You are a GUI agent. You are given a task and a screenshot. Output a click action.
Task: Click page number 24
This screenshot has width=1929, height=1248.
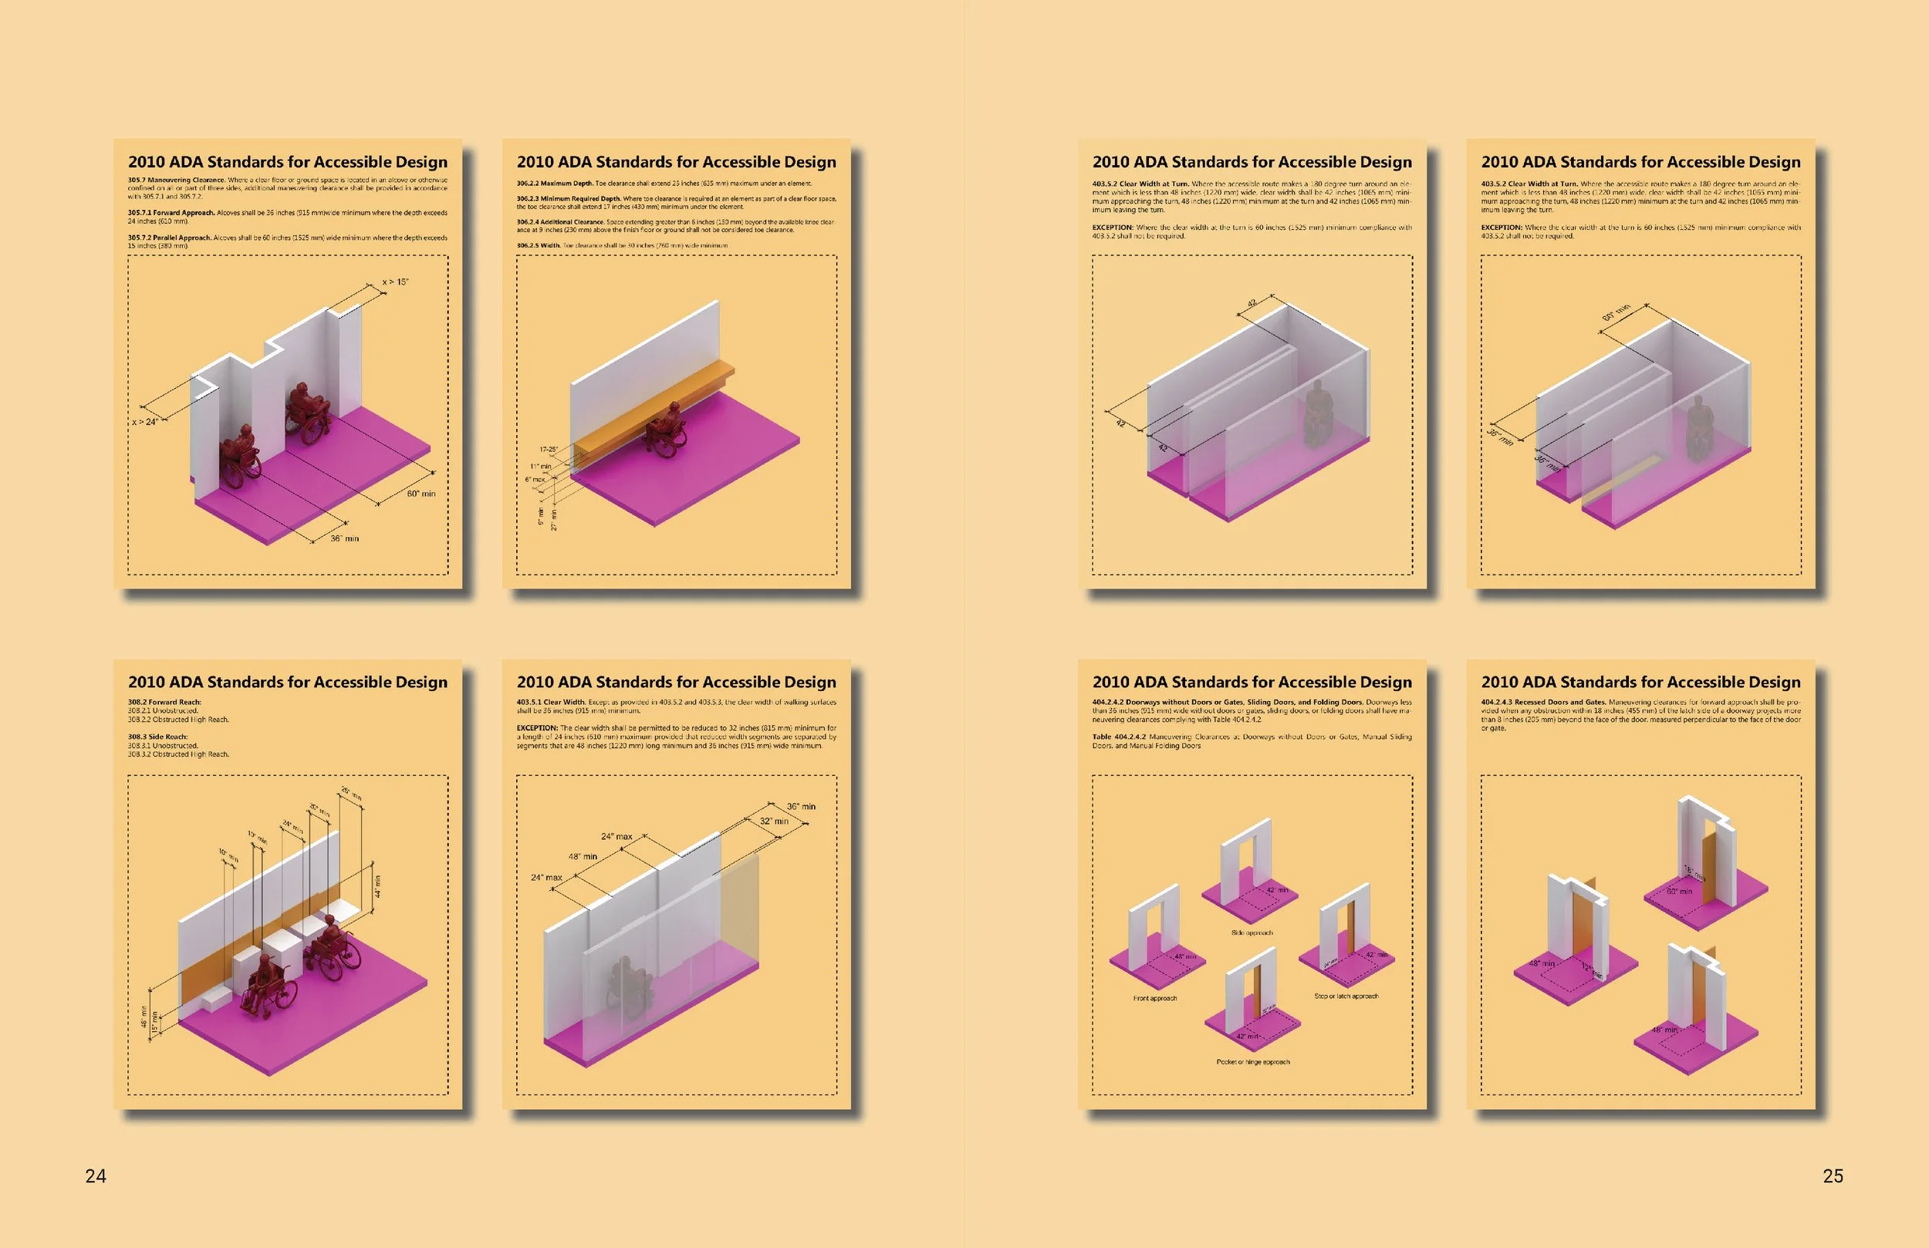pos(96,1175)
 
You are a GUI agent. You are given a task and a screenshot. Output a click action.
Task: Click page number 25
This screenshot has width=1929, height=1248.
pos(1833,1175)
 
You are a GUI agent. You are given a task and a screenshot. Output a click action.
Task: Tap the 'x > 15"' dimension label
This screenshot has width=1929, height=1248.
pos(396,282)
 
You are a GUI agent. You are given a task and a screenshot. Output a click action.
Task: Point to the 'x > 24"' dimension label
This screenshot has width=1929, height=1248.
pos(145,422)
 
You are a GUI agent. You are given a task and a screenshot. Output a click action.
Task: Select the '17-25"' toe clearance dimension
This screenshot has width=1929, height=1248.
pos(549,449)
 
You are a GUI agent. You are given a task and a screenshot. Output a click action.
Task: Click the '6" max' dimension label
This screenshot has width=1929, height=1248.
pos(535,480)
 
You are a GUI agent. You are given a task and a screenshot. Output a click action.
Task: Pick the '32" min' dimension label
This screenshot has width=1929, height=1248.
pos(774,821)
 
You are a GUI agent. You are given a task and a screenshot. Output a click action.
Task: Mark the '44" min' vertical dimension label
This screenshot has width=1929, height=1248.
pos(377,886)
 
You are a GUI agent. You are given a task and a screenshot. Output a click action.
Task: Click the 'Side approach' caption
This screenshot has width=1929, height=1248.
pos(1252,933)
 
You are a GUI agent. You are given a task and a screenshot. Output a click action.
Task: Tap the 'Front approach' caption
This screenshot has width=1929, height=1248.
pos(1155,998)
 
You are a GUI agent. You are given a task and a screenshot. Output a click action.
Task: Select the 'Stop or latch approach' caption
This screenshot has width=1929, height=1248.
pos(1346,996)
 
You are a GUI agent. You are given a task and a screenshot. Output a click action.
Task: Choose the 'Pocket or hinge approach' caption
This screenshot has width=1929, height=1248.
pos(1252,1061)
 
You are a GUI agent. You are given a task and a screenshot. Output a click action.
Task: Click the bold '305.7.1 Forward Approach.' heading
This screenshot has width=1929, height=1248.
pos(171,213)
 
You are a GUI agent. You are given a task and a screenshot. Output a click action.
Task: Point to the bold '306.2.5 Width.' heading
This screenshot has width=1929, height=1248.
pos(538,245)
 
